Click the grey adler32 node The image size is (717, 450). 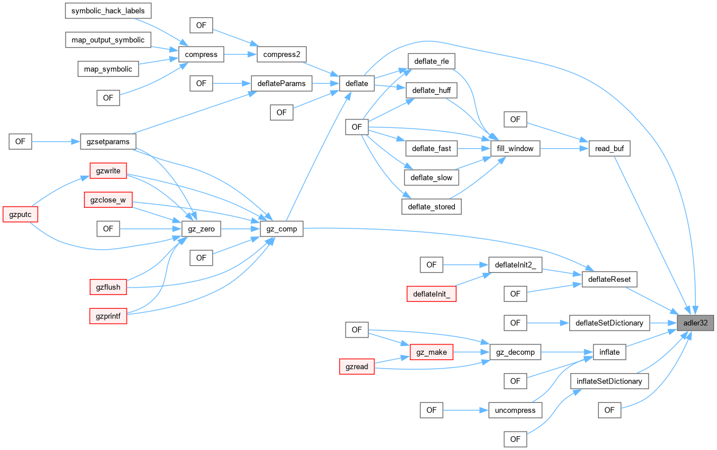(x=695, y=323)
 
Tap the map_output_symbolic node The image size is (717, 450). (x=108, y=40)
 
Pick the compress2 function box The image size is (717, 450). (x=281, y=55)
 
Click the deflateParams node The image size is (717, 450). (x=281, y=83)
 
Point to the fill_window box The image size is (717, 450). (x=515, y=149)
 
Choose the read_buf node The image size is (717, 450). (x=610, y=149)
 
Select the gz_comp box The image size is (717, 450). (x=281, y=229)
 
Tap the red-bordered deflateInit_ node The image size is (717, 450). (x=431, y=294)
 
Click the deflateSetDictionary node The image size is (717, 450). (x=609, y=323)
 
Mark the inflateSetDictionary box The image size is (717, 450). (x=609, y=381)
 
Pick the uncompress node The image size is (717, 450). (x=515, y=410)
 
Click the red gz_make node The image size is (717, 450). (x=431, y=352)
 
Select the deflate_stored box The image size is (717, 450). (x=431, y=207)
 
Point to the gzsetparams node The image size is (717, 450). (x=108, y=141)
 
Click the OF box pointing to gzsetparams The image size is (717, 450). (x=20, y=141)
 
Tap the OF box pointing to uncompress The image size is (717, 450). (x=431, y=410)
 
